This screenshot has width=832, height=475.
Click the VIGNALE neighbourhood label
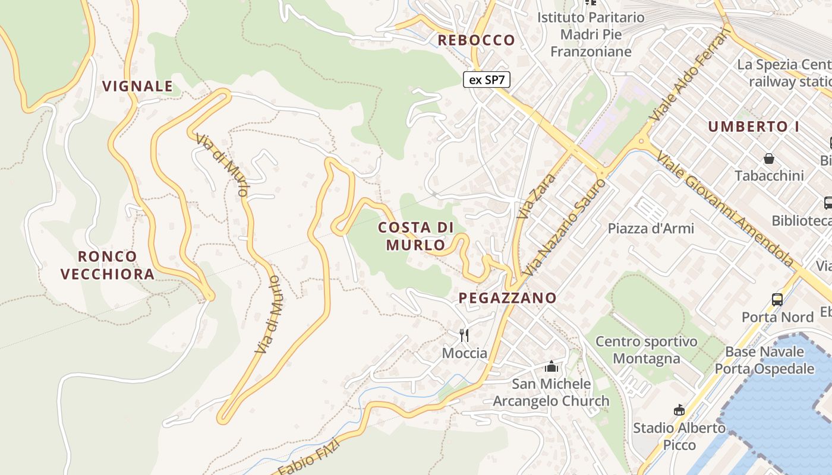[x=137, y=86]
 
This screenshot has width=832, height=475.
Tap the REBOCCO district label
[x=476, y=40]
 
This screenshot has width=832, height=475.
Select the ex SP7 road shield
[x=487, y=80]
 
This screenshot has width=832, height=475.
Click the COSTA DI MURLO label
[x=416, y=236]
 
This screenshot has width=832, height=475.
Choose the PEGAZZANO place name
[x=508, y=297]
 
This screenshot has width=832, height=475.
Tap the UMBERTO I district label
[x=753, y=126]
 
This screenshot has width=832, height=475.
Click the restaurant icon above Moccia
[x=464, y=335]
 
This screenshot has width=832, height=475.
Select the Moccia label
[x=465, y=353]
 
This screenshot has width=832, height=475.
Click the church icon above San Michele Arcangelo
[x=551, y=366]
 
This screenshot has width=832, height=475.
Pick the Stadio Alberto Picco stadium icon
[x=679, y=410]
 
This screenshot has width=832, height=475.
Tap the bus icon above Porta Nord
[x=777, y=299]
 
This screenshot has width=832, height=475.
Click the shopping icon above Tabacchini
[x=769, y=159]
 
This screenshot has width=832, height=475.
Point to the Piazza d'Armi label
[x=651, y=228]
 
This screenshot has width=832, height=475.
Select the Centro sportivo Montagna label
[x=646, y=350]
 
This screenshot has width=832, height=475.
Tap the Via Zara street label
[x=537, y=195]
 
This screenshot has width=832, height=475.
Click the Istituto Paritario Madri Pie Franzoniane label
[x=591, y=34]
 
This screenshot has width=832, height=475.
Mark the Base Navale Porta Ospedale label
[x=764, y=360]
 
